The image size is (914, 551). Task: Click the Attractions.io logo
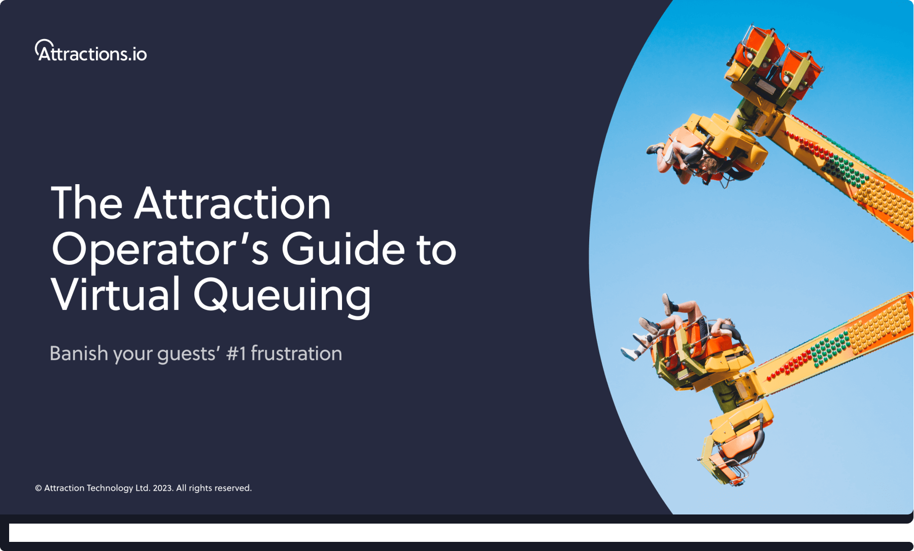point(91,51)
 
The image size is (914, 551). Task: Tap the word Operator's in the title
point(160,250)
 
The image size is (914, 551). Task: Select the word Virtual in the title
point(115,295)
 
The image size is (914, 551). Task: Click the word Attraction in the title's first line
point(232,204)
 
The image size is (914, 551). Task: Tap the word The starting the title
point(87,204)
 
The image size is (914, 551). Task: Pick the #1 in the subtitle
point(236,354)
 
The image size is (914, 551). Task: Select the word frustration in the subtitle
point(296,354)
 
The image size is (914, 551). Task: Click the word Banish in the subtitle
point(79,354)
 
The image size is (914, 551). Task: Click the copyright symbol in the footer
point(38,488)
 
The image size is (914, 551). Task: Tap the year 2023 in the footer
point(163,488)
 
